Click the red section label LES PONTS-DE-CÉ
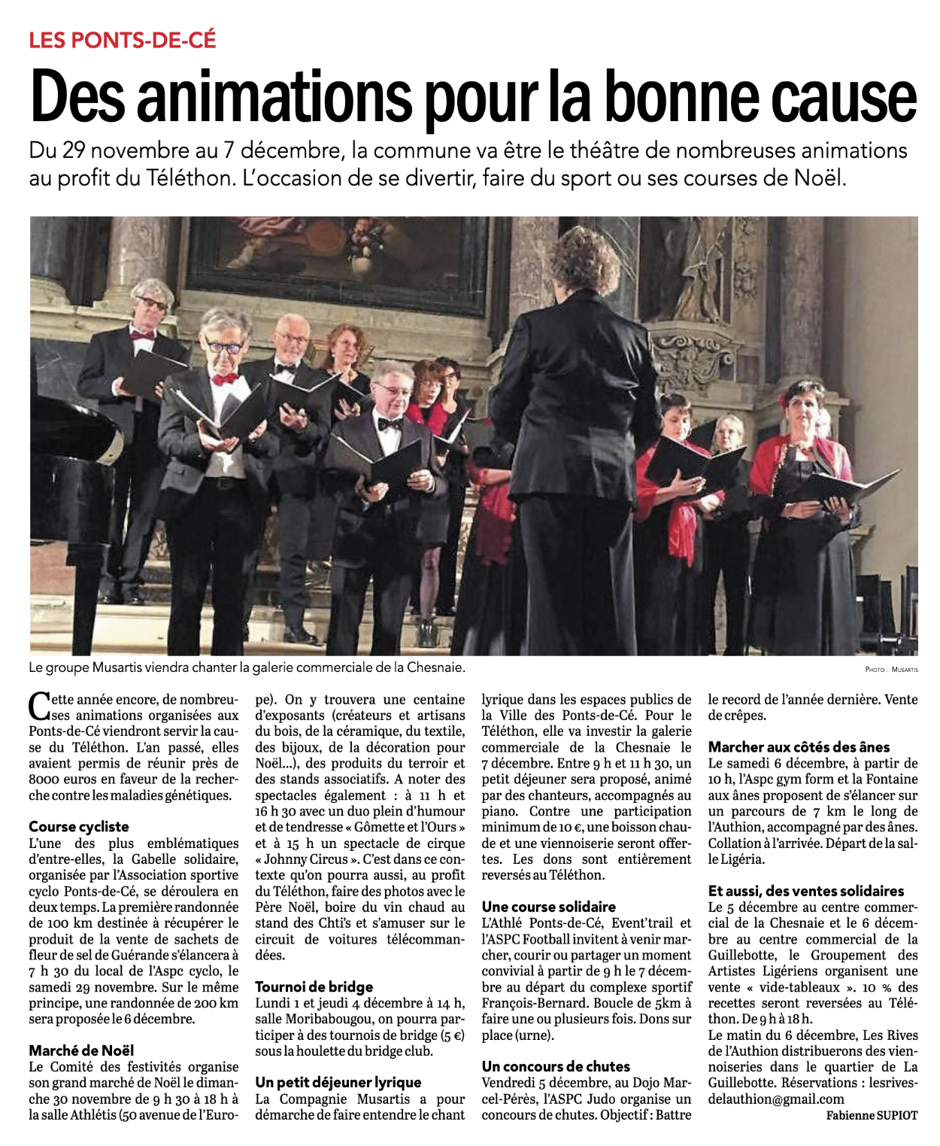point(123,39)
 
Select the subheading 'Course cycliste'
point(79,826)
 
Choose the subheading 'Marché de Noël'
point(81,1050)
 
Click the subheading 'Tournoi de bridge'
point(314,986)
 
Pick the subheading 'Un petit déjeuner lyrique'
point(338,1082)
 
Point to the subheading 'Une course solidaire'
point(549,907)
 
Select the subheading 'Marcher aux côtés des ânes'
point(799,747)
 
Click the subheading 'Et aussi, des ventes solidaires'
point(806,891)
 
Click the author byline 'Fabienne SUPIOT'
point(872,1115)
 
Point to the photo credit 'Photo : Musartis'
point(891,669)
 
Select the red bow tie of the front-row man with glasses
point(224,378)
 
